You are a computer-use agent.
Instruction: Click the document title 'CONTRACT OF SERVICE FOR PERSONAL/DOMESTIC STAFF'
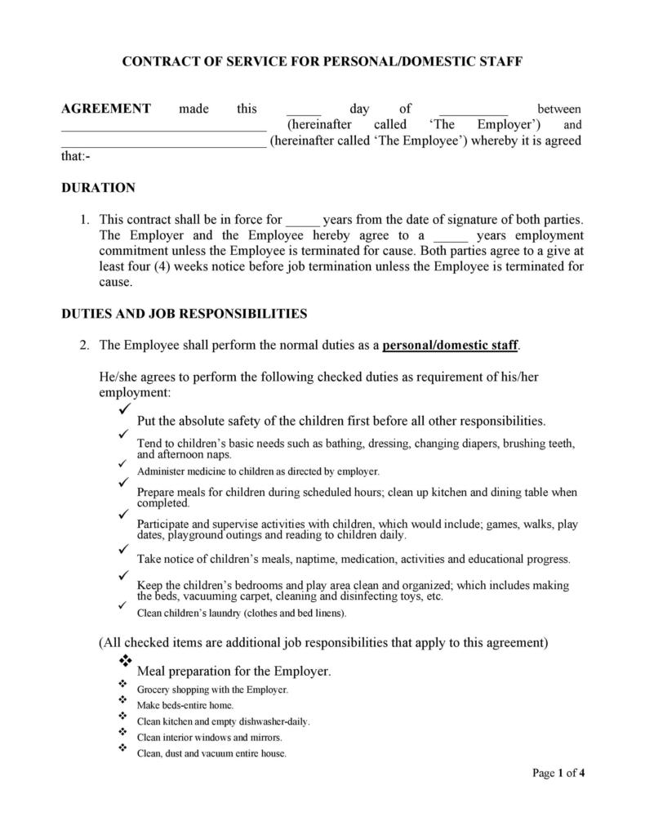[x=322, y=61]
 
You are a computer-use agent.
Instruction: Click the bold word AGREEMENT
[x=106, y=109]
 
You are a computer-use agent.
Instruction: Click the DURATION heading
[x=98, y=188]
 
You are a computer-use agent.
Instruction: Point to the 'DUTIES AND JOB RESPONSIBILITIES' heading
[x=185, y=313]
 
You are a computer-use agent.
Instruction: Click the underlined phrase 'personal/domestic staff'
[x=450, y=345]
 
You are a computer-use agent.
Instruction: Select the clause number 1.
[x=83, y=220]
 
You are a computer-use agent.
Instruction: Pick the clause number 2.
[x=83, y=345]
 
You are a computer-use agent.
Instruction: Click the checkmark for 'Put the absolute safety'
[x=124, y=408]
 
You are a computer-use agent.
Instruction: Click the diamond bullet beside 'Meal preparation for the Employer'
[x=126, y=659]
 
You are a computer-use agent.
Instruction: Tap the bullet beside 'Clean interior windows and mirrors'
[x=122, y=731]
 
